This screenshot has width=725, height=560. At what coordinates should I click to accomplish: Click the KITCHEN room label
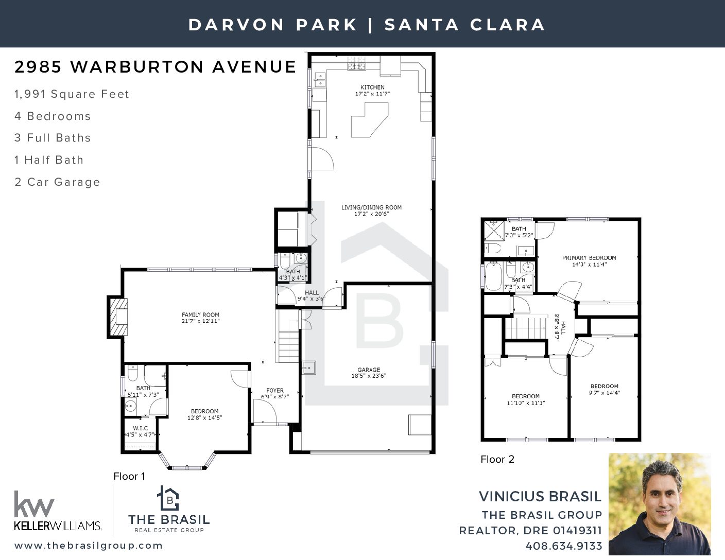pyautogui.click(x=372, y=87)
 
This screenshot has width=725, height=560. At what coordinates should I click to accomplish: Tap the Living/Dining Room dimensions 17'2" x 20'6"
pyautogui.click(x=371, y=214)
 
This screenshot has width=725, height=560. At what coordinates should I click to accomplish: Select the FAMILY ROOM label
pyautogui.click(x=200, y=314)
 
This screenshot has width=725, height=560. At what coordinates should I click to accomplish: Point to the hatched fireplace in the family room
pyautogui.click(x=118, y=317)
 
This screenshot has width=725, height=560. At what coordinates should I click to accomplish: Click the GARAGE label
pyautogui.click(x=369, y=370)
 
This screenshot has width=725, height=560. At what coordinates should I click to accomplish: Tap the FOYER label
pyautogui.click(x=275, y=390)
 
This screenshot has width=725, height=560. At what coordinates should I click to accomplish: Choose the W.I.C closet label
pyautogui.click(x=140, y=428)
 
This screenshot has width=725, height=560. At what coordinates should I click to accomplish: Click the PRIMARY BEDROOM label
pyautogui.click(x=589, y=258)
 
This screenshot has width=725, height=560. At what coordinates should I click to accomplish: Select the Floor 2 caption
pyautogui.click(x=497, y=459)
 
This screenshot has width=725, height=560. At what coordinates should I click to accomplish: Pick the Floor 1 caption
pyautogui.click(x=129, y=476)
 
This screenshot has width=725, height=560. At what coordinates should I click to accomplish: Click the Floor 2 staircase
pyautogui.click(x=526, y=328)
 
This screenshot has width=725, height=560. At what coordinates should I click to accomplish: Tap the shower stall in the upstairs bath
pyautogui.click(x=494, y=230)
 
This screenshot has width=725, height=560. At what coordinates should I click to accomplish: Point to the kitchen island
pyautogui.click(x=370, y=120)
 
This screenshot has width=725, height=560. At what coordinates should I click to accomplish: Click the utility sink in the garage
pyautogui.click(x=309, y=367)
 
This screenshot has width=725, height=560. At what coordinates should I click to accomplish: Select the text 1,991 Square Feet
pyautogui.click(x=72, y=94)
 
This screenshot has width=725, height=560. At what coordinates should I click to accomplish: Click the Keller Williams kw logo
pyautogui.click(x=34, y=504)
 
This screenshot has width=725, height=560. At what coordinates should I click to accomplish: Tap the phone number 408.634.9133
pyautogui.click(x=564, y=546)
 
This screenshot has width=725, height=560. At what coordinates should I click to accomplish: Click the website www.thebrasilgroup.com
pyautogui.click(x=89, y=545)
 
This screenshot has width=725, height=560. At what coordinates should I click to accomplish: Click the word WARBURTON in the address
pyautogui.click(x=137, y=67)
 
